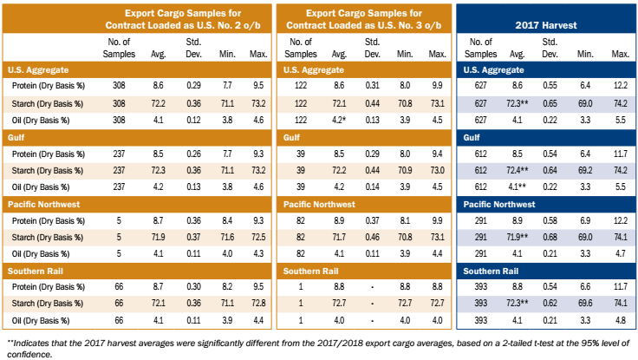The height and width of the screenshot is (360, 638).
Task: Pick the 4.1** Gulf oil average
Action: click(x=518, y=187)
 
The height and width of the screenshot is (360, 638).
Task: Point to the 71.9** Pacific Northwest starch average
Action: click(x=518, y=237)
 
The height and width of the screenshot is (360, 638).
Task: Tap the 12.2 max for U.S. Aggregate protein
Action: click(x=620, y=87)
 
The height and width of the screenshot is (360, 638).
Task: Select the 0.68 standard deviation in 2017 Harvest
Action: click(x=550, y=237)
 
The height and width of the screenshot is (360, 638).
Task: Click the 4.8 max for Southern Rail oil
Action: click(x=620, y=320)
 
